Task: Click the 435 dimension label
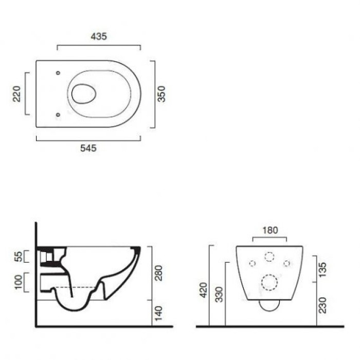(99, 37)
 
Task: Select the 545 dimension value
(88, 148)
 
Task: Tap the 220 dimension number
(17, 94)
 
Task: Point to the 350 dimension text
(161, 94)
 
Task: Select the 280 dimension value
(158, 273)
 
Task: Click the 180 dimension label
(270, 230)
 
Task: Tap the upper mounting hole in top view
(58, 73)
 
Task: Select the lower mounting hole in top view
(58, 114)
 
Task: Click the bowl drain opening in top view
(84, 93)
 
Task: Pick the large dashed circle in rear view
(269, 281)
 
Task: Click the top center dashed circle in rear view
(269, 256)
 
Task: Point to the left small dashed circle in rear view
(252, 263)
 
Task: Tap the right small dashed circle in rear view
(287, 263)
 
